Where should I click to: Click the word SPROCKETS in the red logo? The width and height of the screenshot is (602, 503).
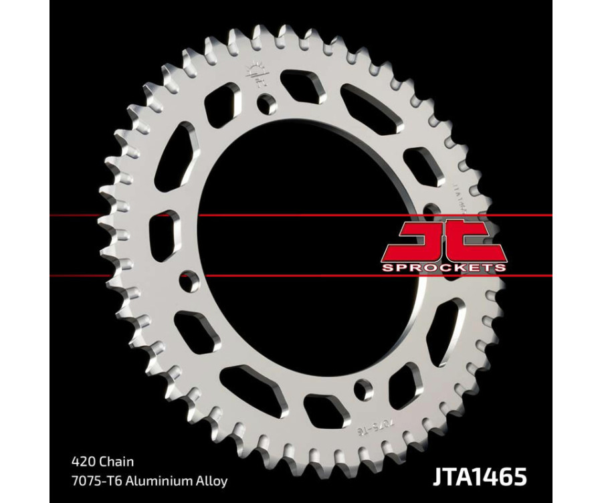pyautogui.click(x=443, y=268)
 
